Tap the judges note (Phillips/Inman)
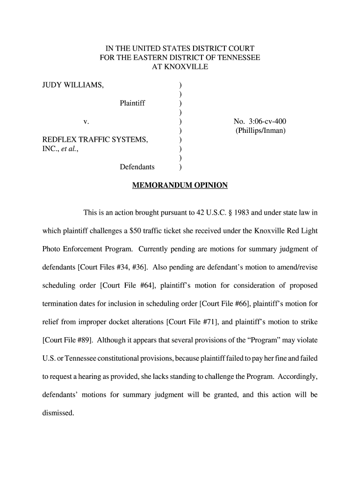[260, 131]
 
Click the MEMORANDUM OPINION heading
[180, 185]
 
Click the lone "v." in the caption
[86, 122]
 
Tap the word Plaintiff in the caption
[132, 103]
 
